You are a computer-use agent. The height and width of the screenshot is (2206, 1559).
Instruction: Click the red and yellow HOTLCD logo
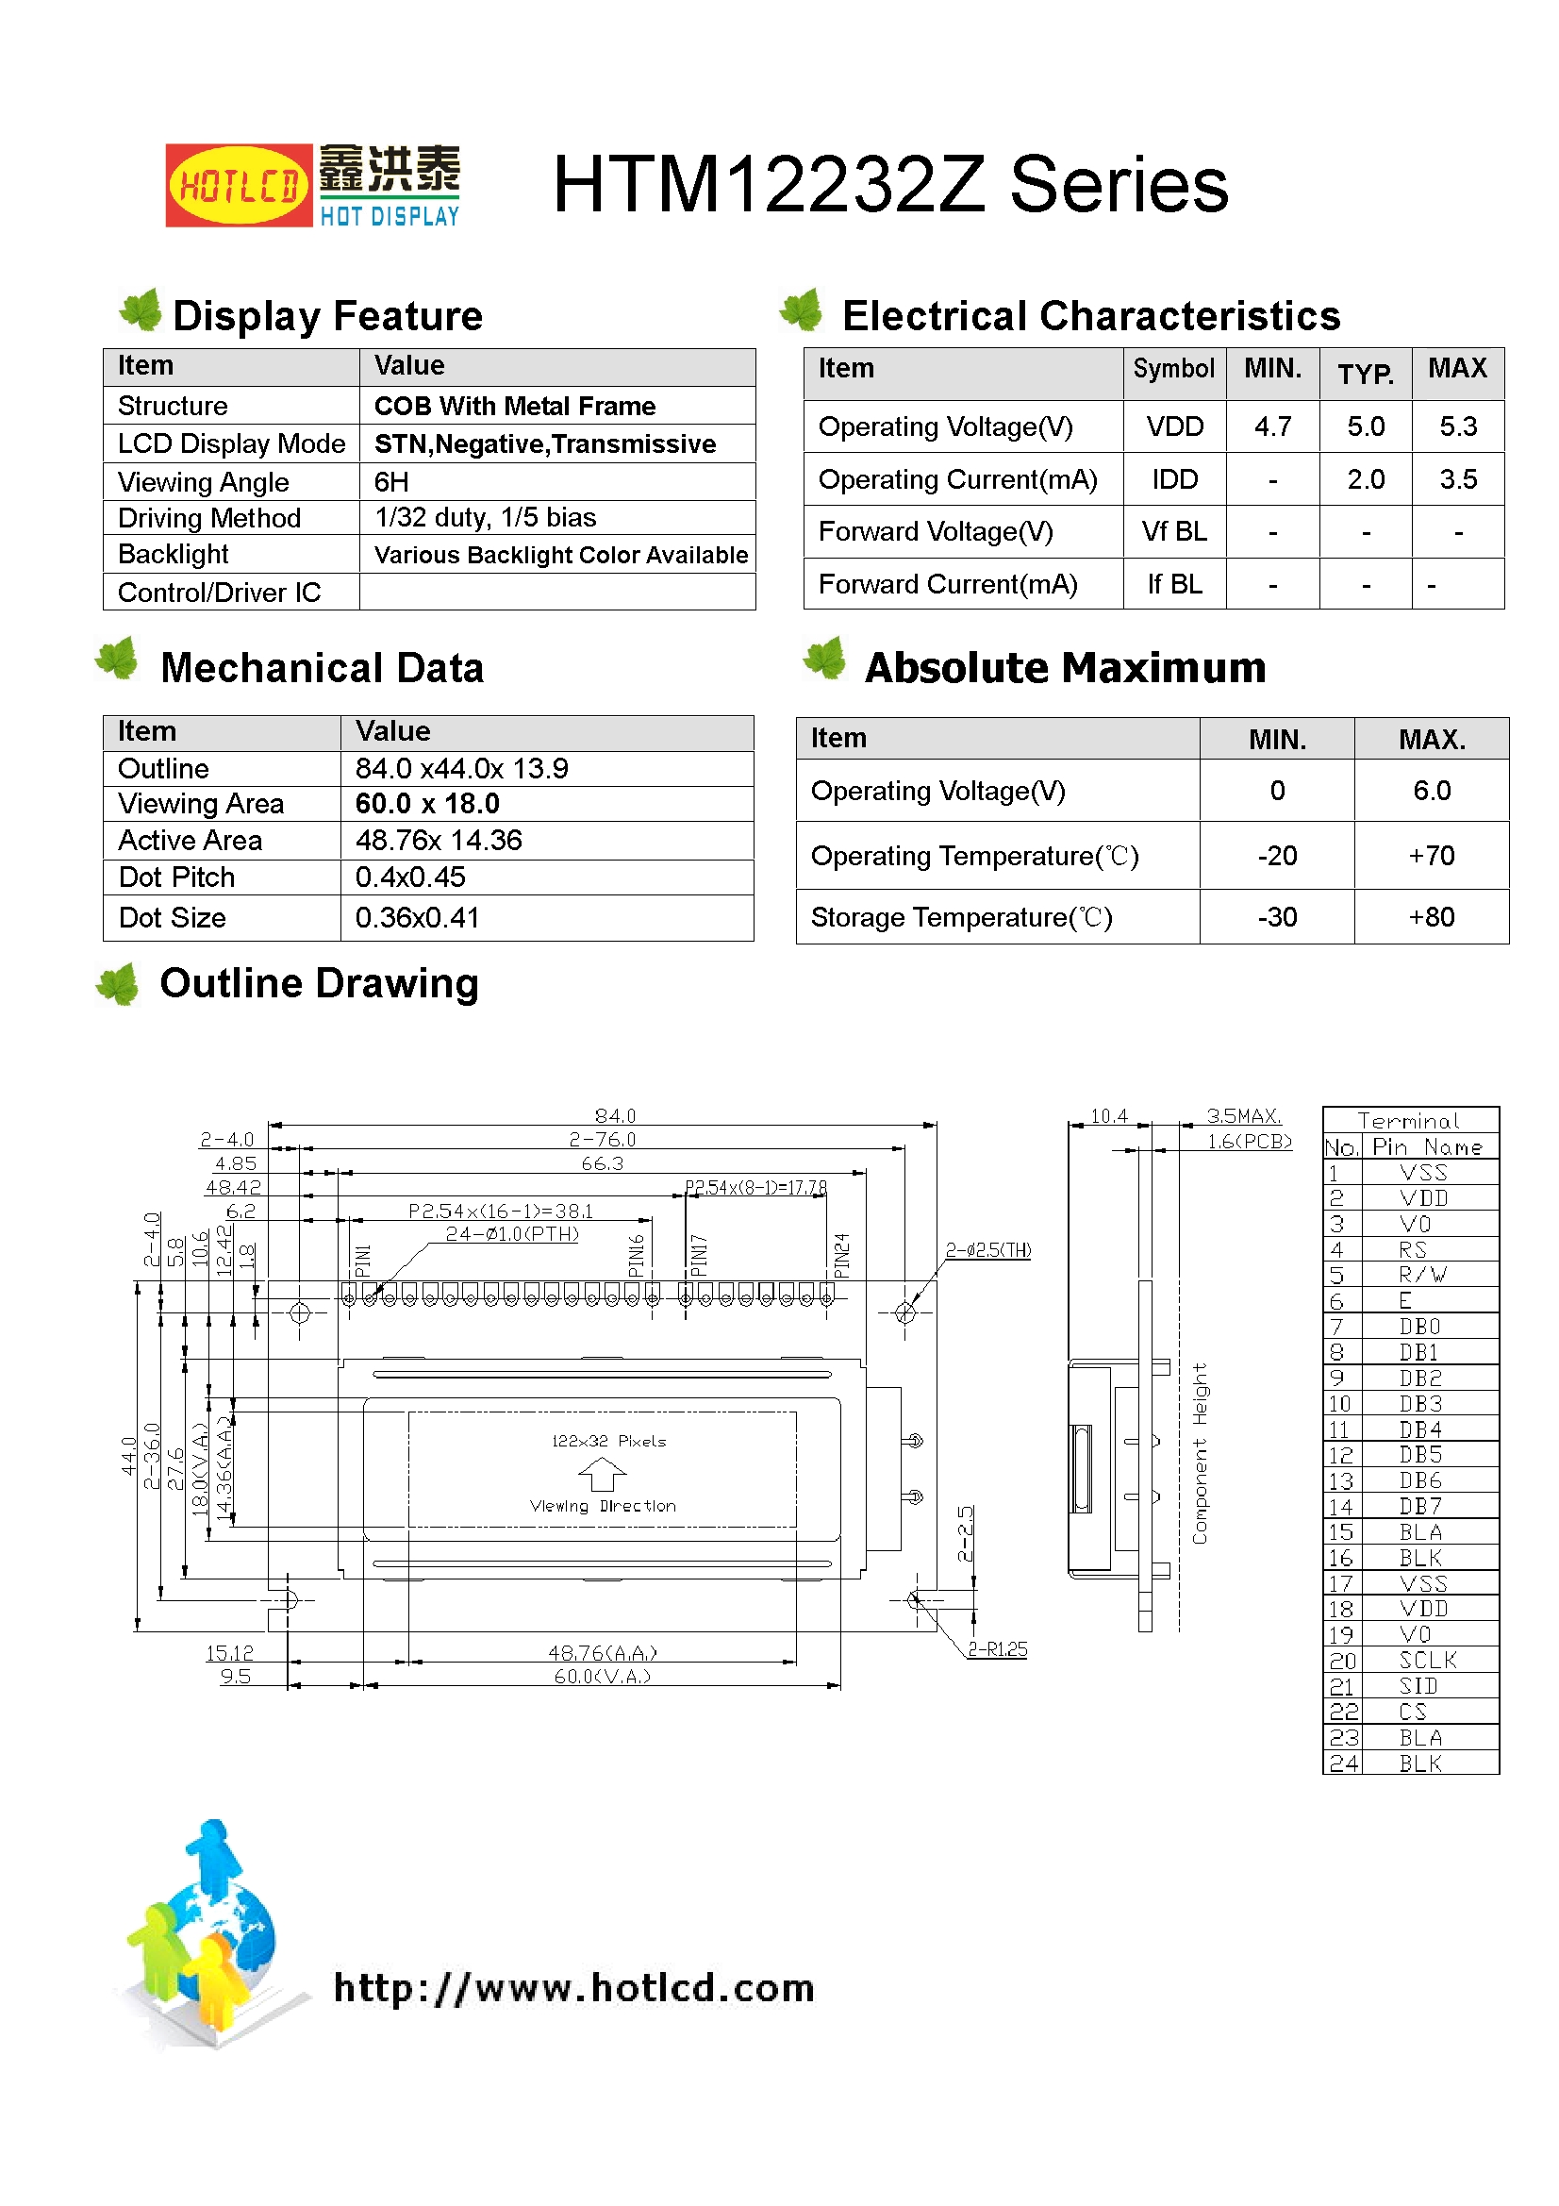tap(239, 186)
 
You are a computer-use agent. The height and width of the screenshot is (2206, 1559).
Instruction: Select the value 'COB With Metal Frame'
tap(514, 407)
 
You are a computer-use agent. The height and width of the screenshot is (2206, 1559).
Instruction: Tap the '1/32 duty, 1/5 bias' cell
tap(485, 518)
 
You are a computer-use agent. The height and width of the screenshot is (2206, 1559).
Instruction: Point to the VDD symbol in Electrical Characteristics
tap(1174, 426)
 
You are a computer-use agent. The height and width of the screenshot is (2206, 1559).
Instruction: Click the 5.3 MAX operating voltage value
tap(1457, 426)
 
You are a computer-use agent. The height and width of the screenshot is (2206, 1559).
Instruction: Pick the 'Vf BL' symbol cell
tap(1174, 531)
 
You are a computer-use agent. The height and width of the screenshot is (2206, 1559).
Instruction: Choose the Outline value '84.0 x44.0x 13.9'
tap(461, 769)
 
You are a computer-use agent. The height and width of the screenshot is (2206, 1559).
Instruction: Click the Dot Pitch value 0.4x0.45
tap(410, 877)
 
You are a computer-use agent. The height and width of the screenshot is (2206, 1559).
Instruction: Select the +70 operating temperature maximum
tap(1431, 855)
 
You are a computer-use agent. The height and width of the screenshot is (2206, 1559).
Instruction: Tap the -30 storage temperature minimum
tap(1277, 917)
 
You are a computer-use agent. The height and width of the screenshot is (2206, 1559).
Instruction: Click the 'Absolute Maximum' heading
tap(1064, 668)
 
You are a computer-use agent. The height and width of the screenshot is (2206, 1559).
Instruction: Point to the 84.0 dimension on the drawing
tap(615, 1115)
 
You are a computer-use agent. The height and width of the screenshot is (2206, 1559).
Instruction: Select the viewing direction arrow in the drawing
tap(603, 1473)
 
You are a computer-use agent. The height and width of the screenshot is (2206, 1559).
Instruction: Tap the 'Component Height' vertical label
tap(1200, 1453)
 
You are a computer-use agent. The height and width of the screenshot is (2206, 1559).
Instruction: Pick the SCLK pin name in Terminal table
tap(1427, 1661)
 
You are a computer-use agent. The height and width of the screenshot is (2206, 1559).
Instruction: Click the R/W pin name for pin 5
tap(1421, 1275)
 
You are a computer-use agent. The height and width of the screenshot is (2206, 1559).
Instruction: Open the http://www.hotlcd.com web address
tap(573, 1988)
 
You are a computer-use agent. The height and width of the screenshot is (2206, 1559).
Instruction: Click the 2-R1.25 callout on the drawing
tap(996, 1648)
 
